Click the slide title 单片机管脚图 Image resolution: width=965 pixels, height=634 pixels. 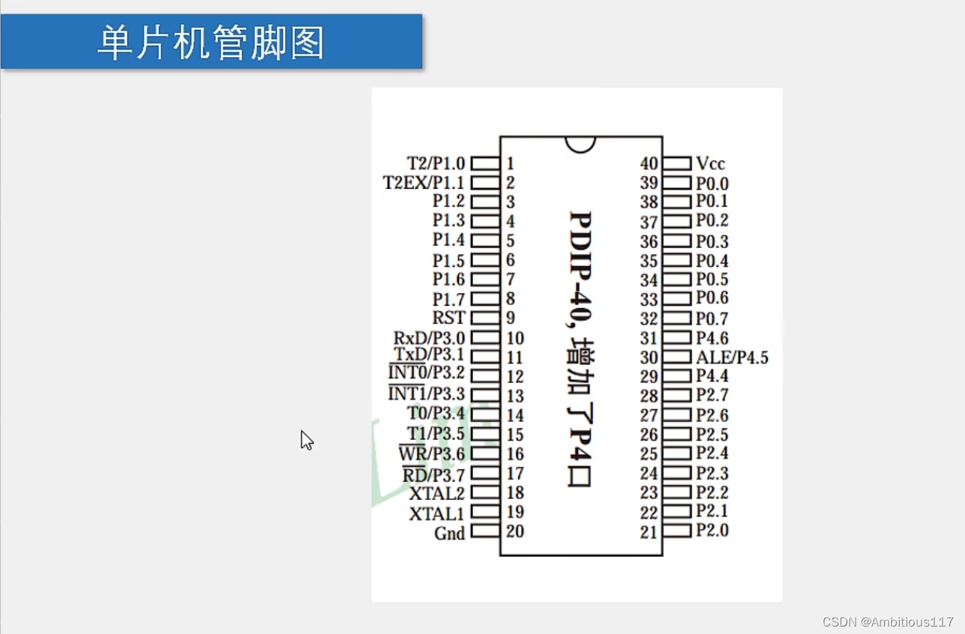[x=211, y=43]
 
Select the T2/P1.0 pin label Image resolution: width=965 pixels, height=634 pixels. [x=436, y=163]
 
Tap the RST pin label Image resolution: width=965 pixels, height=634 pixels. [x=448, y=318]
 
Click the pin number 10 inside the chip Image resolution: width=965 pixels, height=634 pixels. [x=515, y=339]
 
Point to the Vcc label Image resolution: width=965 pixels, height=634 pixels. [x=710, y=163]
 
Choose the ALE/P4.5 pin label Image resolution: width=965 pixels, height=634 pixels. [x=732, y=357]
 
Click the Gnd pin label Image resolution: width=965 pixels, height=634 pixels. [x=449, y=534]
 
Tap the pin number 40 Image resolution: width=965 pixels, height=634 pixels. [x=649, y=163]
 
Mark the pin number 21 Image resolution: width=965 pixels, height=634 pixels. [x=649, y=532]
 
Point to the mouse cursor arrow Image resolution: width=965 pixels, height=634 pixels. [x=306, y=439]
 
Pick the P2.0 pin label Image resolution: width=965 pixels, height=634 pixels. [x=712, y=531]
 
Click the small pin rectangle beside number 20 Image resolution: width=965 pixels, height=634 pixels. [x=484, y=531]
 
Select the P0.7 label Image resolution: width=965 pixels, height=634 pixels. [x=712, y=319]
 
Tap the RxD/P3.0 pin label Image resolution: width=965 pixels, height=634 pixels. [x=429, y=339]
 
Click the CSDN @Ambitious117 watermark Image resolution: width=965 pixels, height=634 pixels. [x=887, y=622]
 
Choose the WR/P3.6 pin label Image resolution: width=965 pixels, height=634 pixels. [x=432, y=454]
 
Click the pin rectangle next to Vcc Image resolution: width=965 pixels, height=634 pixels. [x=677, y=163]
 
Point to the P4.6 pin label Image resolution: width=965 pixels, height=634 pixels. [x=712, y=338]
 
